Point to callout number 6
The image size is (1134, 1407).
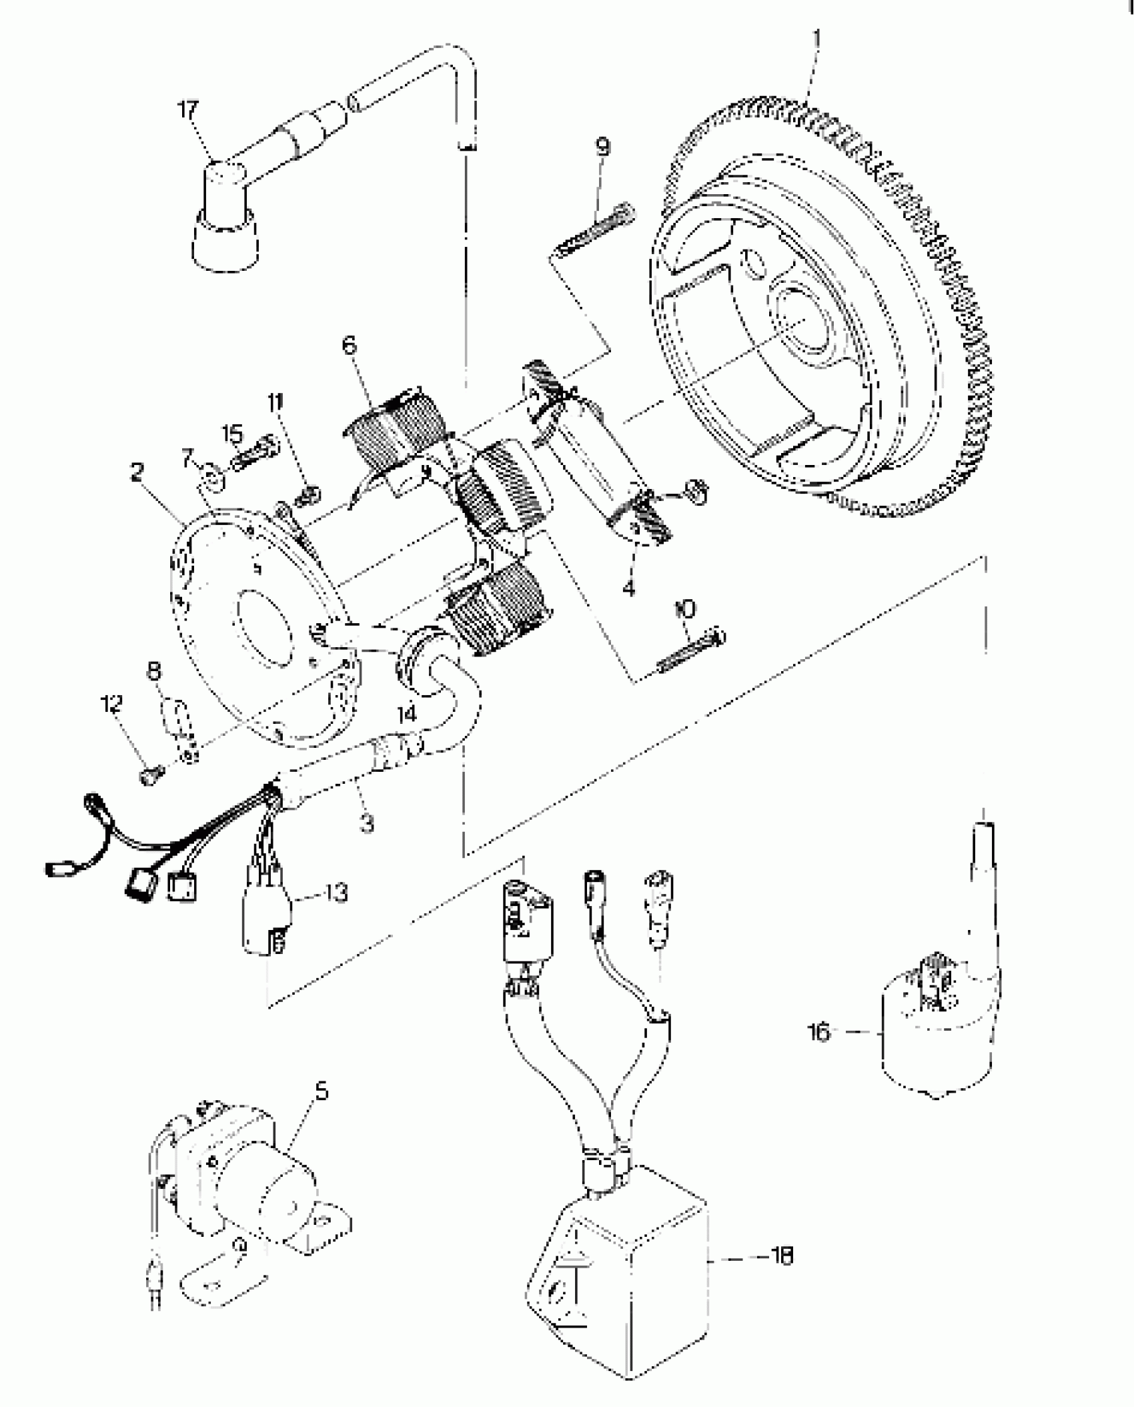point(350,346)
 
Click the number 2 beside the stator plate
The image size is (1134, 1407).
point(137,473)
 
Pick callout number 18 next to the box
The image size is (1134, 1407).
point(781,1256)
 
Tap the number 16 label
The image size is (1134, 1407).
point(818,1033)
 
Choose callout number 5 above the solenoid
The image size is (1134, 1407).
point(322,1091)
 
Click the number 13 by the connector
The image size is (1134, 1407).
point(338,893)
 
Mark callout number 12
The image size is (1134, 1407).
point(111,703)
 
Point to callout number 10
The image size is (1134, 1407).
point(684,608)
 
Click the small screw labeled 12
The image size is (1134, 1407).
point(150,775)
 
